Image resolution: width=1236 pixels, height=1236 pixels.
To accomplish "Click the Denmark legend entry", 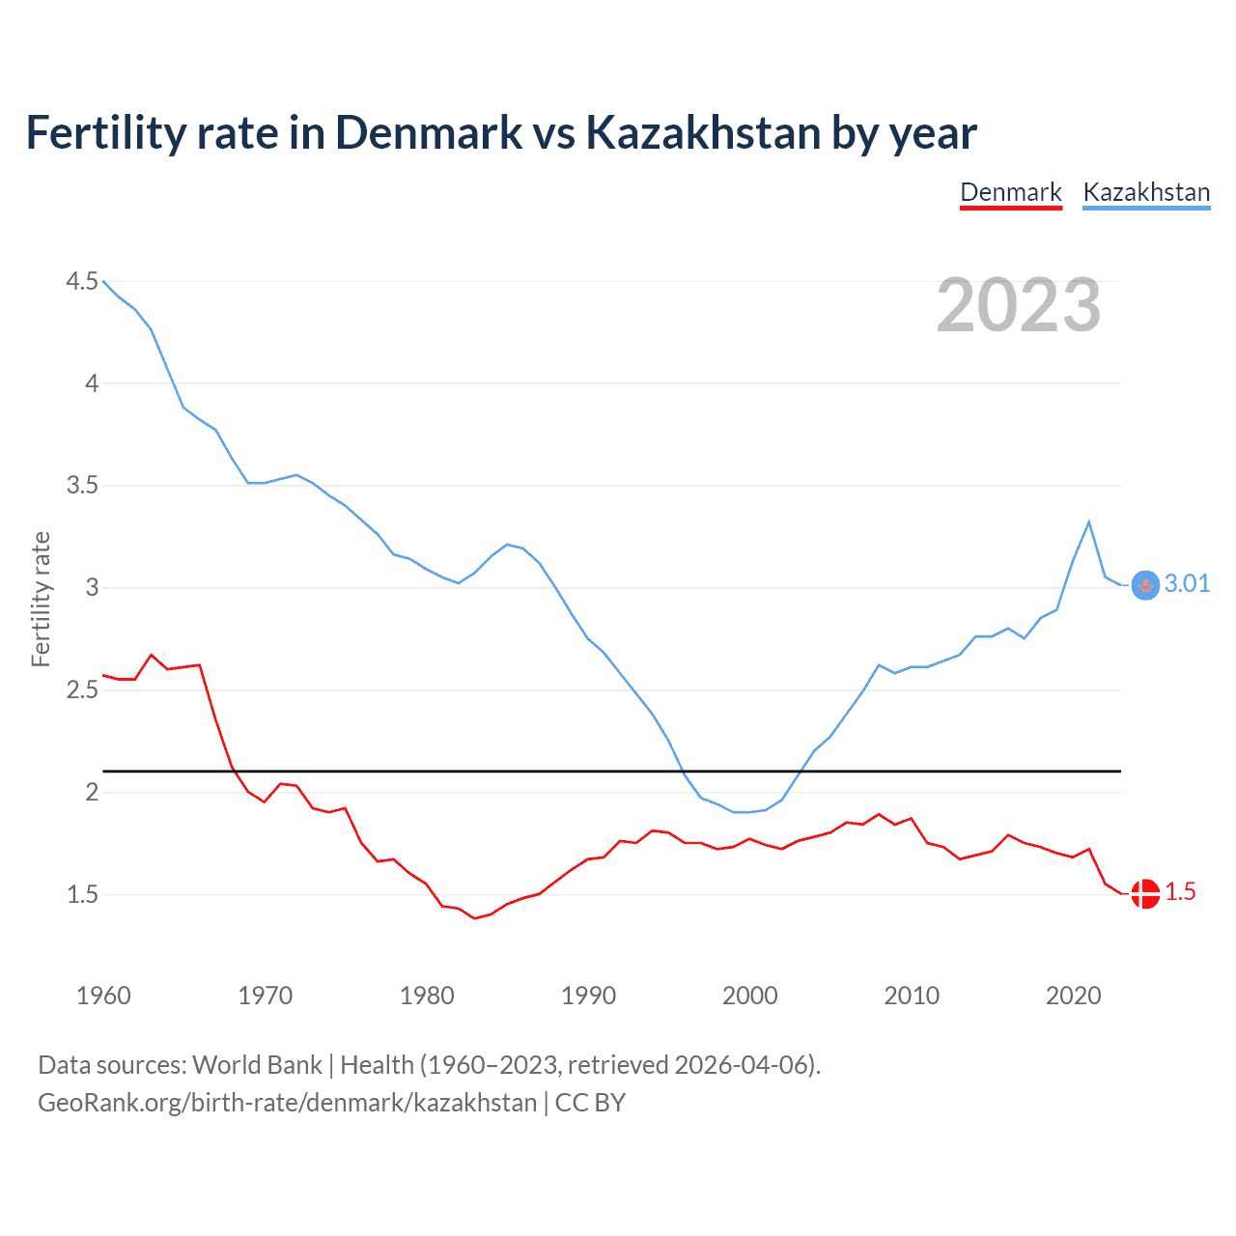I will coord(1010,192).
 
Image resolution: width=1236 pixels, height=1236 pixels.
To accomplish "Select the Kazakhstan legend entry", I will coord(1146,192).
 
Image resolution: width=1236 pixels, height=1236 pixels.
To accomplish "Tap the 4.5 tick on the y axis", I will coord(82,281).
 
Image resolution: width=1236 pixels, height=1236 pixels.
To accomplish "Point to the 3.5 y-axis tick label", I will coord(82,485).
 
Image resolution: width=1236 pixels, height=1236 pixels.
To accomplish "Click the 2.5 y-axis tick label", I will coord(82,689).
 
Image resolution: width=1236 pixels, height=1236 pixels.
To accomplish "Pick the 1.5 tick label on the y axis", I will coord(82,894).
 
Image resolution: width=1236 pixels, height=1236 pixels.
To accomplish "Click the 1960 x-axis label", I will coord(103,996).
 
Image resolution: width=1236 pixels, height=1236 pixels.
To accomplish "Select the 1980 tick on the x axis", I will coord(427,996).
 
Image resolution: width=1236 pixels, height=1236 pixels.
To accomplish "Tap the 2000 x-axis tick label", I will coord(749,996).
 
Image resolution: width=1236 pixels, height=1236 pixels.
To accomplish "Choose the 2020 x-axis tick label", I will coord(1073,996).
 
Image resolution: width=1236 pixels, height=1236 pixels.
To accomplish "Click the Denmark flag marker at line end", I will coord(1145,893).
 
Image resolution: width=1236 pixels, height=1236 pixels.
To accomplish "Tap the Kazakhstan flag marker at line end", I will coord(1145,585).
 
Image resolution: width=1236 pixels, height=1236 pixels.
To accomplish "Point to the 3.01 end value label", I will coord(1187,583).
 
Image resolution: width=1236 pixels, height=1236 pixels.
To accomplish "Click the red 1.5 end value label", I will coord(1180,891).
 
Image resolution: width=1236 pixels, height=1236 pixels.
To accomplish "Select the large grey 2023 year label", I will coord(1018,305).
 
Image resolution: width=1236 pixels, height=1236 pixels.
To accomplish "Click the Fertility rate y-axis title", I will coord(41,599).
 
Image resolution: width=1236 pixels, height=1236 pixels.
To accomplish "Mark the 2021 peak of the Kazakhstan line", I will coord(1089,522).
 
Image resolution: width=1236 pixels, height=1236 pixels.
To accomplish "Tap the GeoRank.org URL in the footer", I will coord(287,1102).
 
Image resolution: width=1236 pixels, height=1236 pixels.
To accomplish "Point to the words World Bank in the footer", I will coord(257,1064).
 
